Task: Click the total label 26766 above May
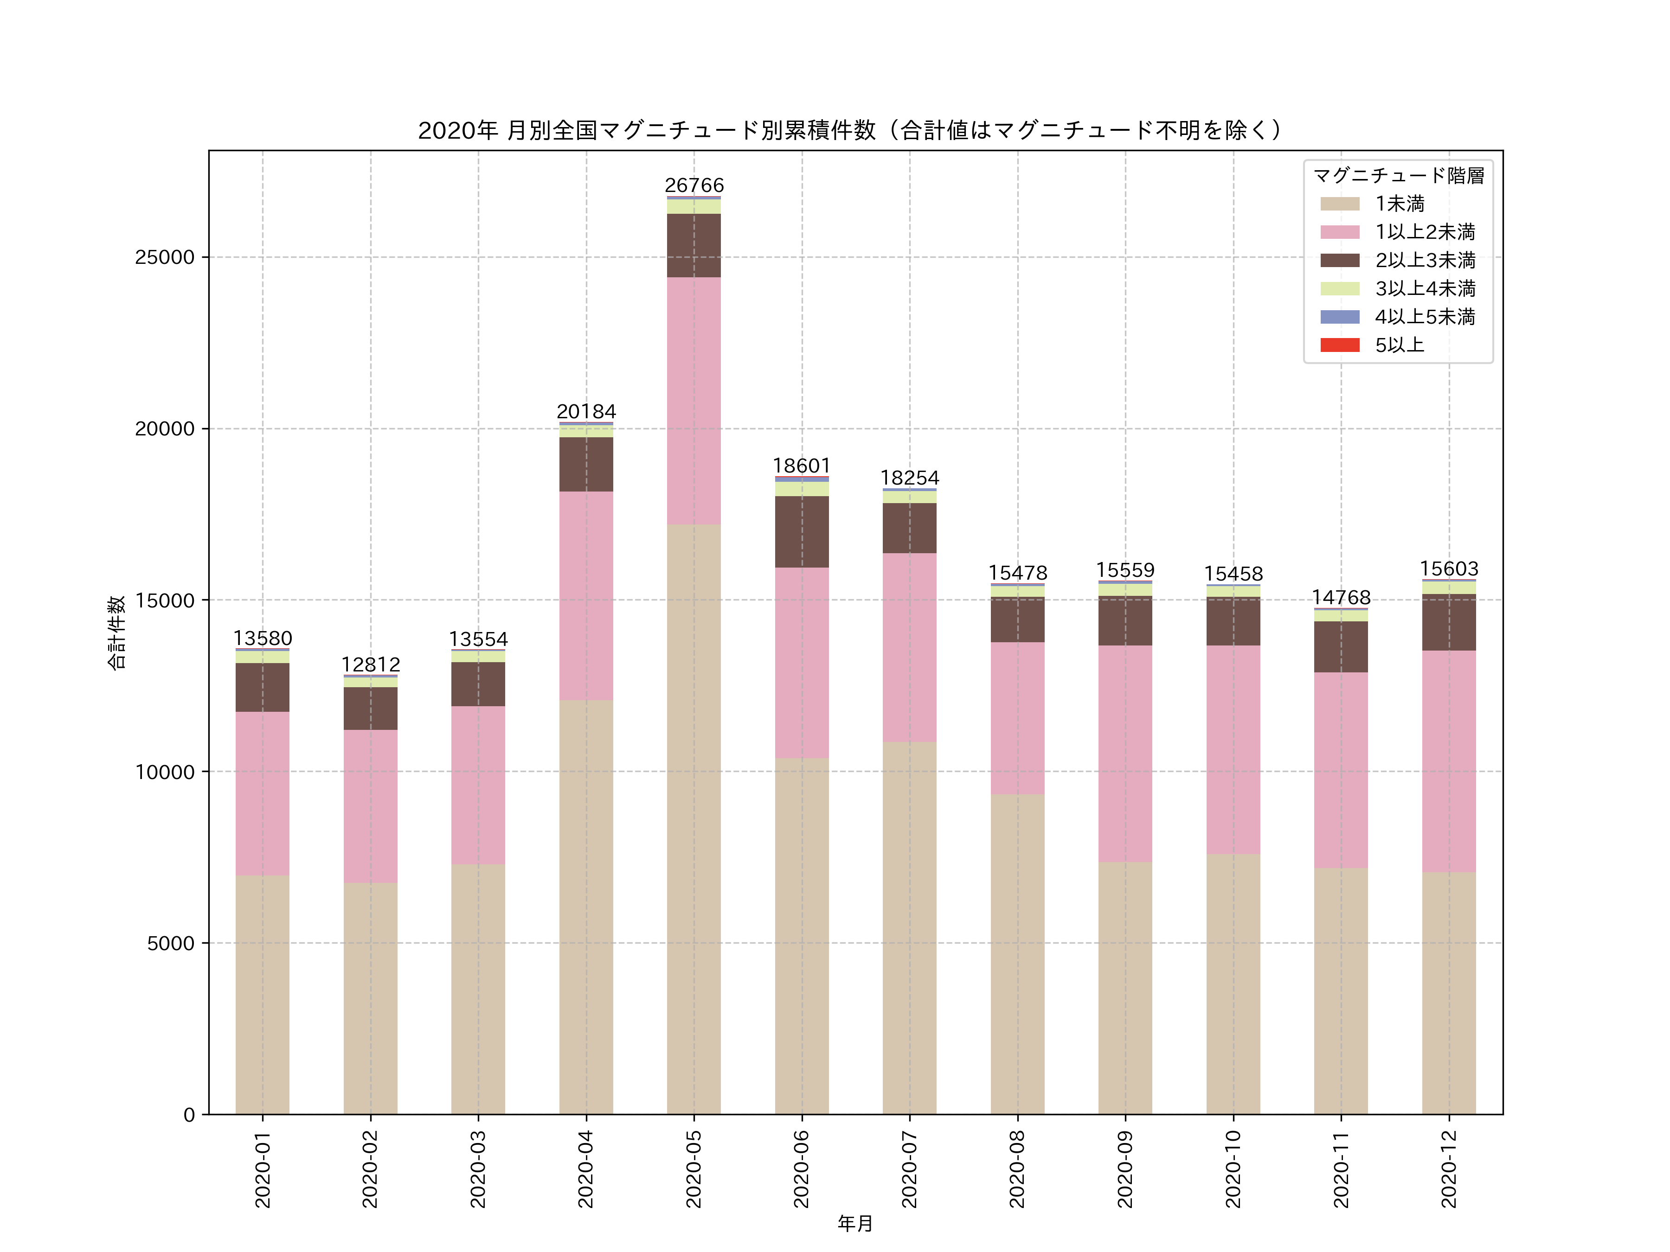[x=694, y=185]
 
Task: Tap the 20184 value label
[x=586, y=412]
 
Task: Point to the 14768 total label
[x=1341, y=598]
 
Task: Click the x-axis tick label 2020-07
[x=910, y=1168]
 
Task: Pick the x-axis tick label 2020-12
[x=1449, y=1168]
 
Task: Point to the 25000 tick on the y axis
[x=165, y=257]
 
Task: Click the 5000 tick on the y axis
[x=171, y=943]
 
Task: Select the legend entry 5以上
[x=1399, y=345]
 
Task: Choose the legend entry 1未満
[x=1399, y=204]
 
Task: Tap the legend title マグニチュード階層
[x=1398, y=176]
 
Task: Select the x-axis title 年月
[x=854, y=1223]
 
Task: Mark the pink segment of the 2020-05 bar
[x=694, y=400]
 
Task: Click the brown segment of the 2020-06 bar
[x=802, y=531]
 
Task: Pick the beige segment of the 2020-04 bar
[x=586, y=906]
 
